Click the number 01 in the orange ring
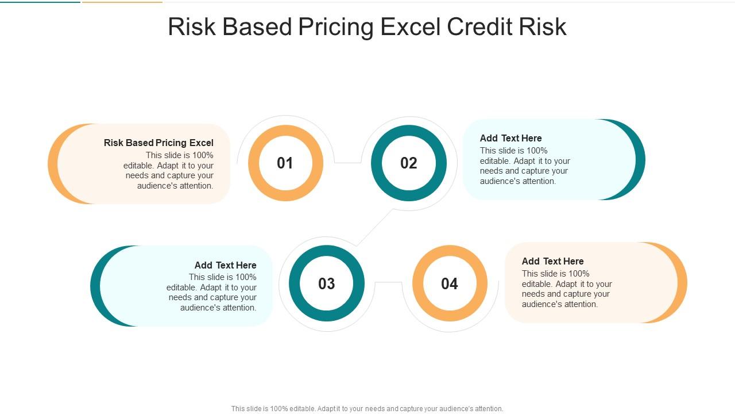click(285, 163)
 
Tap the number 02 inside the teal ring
click(408, 163)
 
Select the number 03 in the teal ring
click(327, 283)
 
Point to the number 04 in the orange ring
click(450, 283)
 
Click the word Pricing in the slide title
click(336, 27)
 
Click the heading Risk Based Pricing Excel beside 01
click(158, 143)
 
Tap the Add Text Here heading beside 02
click(510, 138)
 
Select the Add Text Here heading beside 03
click(226, 265)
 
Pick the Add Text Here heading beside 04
click(552, 261)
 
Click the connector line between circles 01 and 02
click(348, 162)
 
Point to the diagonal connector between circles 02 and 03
click(375, 227)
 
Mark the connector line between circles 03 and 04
click(389, 282)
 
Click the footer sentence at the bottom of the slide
click(367, 409)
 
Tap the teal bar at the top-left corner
click(40, 2)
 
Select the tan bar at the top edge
click(122, 2)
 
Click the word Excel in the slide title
click(410, 26)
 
